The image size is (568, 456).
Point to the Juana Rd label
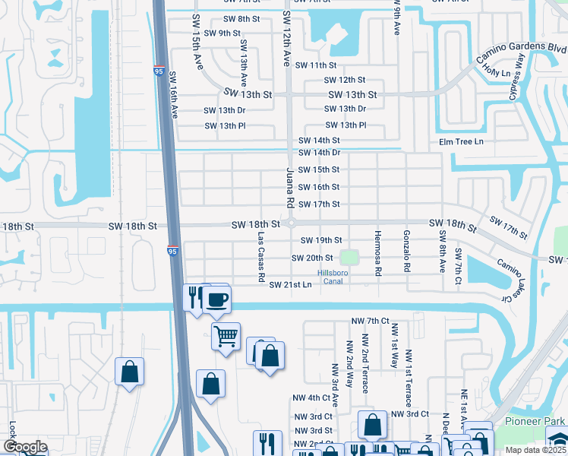[289, 188]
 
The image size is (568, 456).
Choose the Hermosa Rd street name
[377, 251]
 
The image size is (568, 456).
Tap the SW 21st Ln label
[290, 284]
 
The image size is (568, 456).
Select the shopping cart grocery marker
[226, 334]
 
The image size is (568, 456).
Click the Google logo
[25, 447]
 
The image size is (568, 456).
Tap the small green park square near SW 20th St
[349, 258]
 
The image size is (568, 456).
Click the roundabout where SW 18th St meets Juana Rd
[292, 224]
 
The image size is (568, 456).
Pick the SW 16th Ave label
[173, 96]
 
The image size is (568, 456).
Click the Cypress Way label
[522, 73]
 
